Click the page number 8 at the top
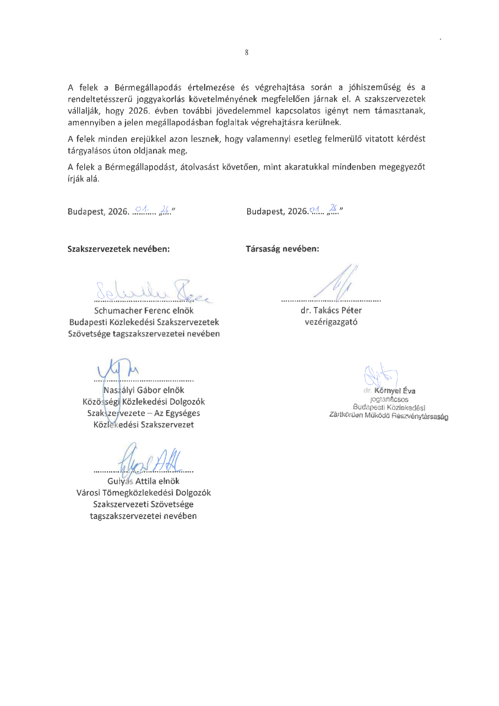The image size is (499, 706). click(246, 52)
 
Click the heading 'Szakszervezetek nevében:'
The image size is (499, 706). click(119, 249)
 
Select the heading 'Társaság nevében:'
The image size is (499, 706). click(282, 249)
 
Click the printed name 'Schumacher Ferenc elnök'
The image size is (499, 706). click(144, 311)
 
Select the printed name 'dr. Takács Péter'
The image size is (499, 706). click(331, 311)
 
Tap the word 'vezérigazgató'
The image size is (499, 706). click(331, 322)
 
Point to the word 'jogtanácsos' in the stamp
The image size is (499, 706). click(389, 400)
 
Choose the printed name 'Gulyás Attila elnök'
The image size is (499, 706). click(143, 481)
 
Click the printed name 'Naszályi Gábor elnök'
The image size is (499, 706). click(144, 390)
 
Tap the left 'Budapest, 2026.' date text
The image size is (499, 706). click(98, 212)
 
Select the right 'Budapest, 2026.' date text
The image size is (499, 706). click(277, 212)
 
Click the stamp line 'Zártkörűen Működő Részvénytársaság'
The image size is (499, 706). click(389, 416)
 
